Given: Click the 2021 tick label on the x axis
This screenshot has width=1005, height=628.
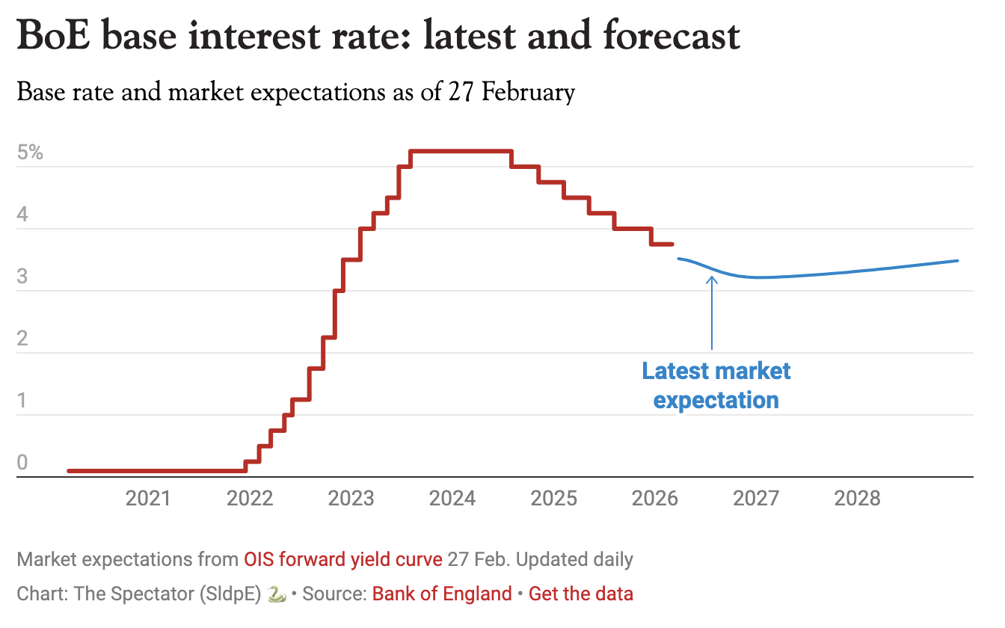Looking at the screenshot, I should [x=148, y=498].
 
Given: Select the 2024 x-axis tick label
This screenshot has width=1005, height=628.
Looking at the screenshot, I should [x=452, y=498].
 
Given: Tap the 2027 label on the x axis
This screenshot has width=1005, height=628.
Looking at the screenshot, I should [x=756, y=498].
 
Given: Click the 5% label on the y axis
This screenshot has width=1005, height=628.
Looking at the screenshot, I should [x=31, y=153].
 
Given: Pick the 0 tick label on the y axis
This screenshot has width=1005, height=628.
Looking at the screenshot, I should [x=22, y=463].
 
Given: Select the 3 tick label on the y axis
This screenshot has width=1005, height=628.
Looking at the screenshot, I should [x=22, y=277].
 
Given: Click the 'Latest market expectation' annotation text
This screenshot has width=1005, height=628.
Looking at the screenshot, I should [x=716, y=386].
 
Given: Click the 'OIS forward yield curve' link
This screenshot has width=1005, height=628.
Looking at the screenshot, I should [x=343, y=559].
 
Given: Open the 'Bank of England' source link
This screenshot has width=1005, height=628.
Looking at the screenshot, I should [x=442, y=594].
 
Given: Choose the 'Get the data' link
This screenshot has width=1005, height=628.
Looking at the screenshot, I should [x=581, y=594].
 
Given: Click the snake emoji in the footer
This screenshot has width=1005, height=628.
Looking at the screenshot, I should [x=276, y=594].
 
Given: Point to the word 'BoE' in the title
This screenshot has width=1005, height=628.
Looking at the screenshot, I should [x=57, y=37].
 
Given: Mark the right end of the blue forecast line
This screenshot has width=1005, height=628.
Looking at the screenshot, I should [x=956, y=261].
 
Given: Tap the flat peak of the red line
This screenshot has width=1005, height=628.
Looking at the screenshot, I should [x=461, y=152].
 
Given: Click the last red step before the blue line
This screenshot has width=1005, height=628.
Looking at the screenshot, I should [x=663, y=244].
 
